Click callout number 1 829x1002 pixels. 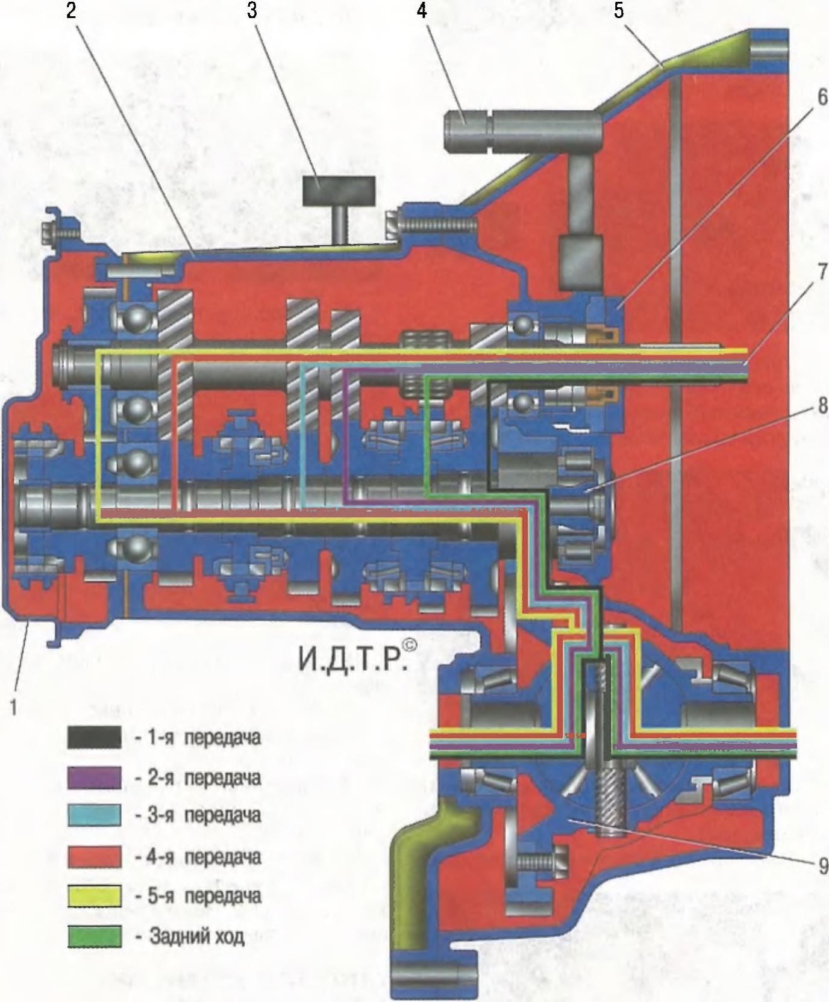(x=13, y=707)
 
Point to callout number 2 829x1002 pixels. (x=72, y=11)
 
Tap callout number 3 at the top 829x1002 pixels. (x=252, y=11)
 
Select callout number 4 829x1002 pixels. (x=422, y=11)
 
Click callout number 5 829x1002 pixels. (x=619, y=11)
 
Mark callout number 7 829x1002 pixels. (x=822, y=272)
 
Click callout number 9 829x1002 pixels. (x=822, y=866)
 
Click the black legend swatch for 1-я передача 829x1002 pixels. (x=94, y=738)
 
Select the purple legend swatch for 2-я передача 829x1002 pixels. (x=94, y=777)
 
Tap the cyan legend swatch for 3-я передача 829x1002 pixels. (x=94, y=815)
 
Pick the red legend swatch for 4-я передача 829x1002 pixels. (x=94, y=856)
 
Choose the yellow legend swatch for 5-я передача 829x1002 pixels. (x=94, y=896)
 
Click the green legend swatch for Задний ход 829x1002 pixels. (x=94, y=936)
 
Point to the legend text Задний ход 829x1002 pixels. (x=196, y=937)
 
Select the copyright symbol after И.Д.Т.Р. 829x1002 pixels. (x=409, y=646)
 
